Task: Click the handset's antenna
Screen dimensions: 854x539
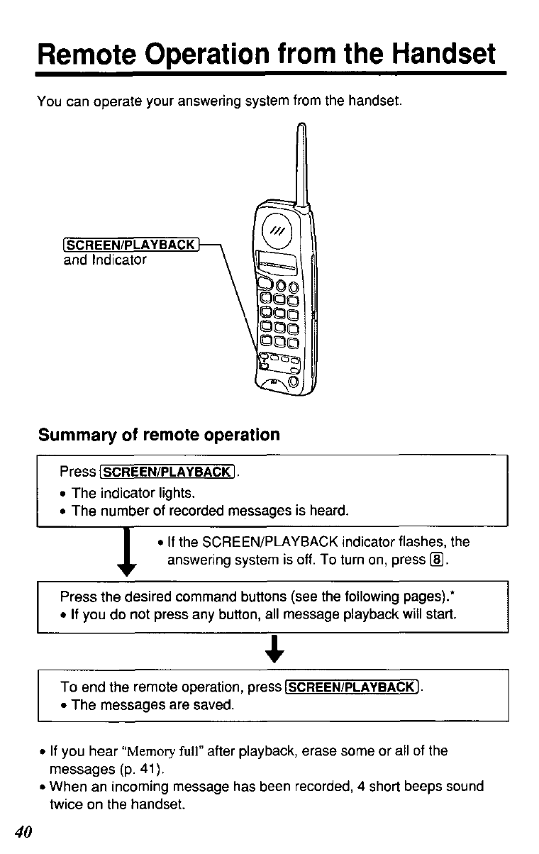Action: click(302, 163)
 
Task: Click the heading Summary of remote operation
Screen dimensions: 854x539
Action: click(159, 434)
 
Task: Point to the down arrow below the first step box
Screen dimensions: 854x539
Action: click(128, 553)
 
